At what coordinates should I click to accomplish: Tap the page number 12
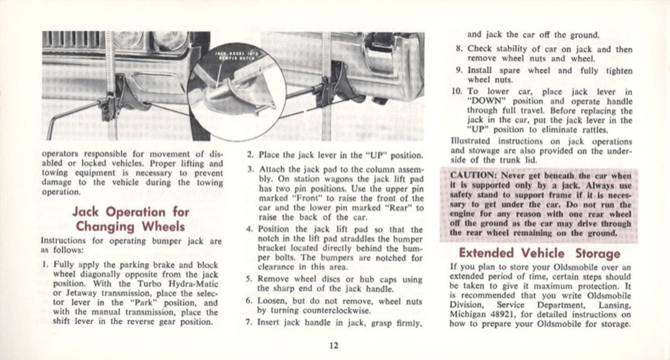[x=334, y=344]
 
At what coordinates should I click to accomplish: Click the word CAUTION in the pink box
[x=473, y=176]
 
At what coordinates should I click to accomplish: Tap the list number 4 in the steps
[x=249, y=228]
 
